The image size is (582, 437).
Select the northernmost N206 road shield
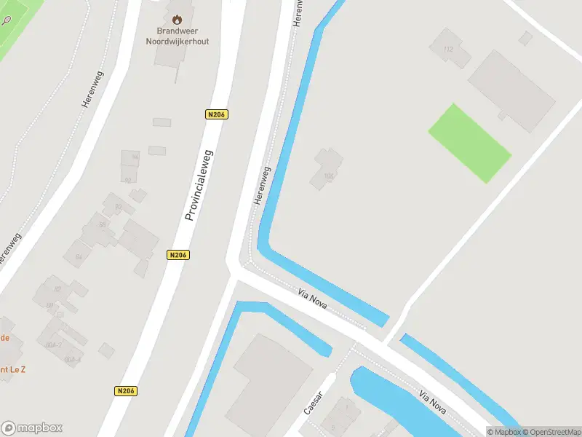click(217, 114)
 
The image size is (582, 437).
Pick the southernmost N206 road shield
click(126, 391)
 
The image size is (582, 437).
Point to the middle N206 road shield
click(178, 255)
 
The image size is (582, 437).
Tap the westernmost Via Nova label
click(313, 299)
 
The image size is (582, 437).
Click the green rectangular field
click(469, 143)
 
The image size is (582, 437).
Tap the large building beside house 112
click(511, 90)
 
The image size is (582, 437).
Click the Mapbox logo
click(32, 428)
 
